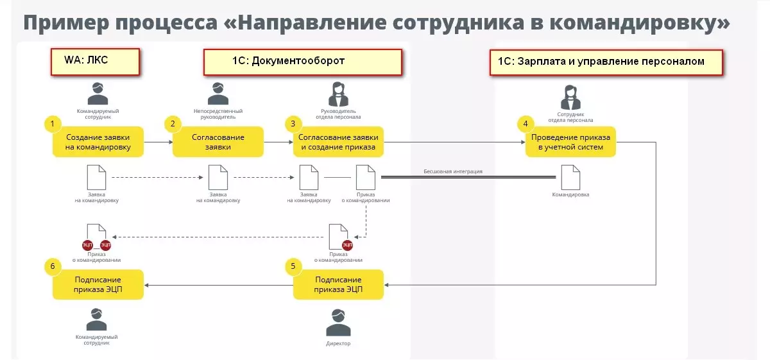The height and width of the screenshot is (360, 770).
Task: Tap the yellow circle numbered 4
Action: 526,124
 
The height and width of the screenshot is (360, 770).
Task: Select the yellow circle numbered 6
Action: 53,265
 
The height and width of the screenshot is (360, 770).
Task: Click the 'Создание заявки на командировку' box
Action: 98,142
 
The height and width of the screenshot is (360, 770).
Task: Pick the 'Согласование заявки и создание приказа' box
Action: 338,142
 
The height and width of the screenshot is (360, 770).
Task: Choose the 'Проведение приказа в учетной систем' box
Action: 570,142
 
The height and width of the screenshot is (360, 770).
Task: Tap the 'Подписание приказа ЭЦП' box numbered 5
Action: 338,284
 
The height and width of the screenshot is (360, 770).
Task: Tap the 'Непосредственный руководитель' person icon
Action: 218,94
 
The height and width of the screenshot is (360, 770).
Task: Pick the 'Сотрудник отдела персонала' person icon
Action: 570,98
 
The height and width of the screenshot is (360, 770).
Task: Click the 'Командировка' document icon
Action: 570,177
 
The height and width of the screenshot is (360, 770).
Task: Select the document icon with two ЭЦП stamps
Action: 97,236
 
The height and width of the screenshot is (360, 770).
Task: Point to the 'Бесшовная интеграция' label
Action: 452,171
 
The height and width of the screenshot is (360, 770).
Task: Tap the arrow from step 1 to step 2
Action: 158,142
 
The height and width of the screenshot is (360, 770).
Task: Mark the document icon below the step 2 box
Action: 218,177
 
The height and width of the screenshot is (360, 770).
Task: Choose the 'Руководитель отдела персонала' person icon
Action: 338,94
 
